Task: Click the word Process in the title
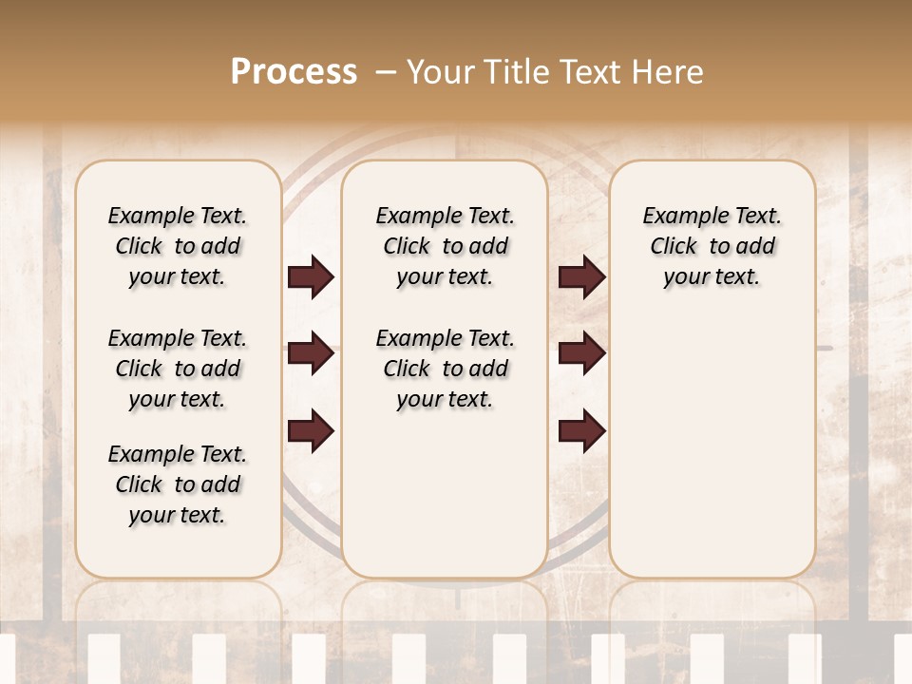[294, 72]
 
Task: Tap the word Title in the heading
[513, 72]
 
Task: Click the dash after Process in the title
[386, 72]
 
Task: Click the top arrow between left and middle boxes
[311, 277]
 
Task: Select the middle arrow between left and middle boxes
[311, 354]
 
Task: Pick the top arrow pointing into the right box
[581, 277]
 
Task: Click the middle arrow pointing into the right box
[581, 354]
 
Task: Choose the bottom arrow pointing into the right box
[581, 431]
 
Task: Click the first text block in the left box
[178, 246]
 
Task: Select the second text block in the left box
[178, 369]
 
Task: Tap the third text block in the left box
[178, 484]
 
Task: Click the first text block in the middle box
[445, 246]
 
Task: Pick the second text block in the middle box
[445, 369]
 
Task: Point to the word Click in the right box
[674, 246]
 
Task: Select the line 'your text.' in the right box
[712, 276]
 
